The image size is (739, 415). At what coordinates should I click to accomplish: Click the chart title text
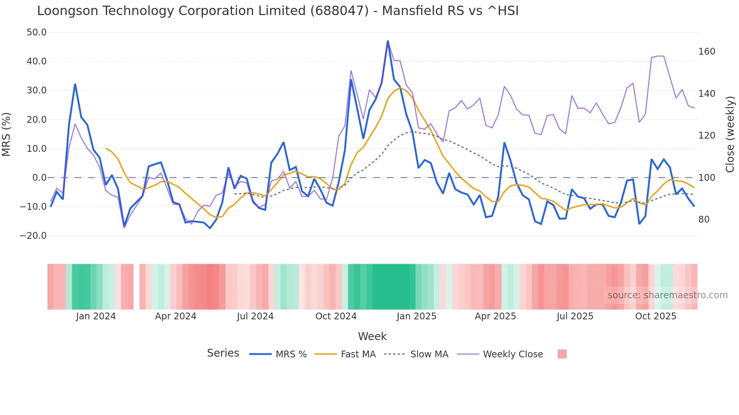[278, 11]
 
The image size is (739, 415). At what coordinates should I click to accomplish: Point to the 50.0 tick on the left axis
[37, 32]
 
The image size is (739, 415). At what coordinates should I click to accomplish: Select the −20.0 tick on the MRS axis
[33, 236]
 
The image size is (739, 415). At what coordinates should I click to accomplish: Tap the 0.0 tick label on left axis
[40, 177]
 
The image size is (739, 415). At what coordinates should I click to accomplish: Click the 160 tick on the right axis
[707, 52]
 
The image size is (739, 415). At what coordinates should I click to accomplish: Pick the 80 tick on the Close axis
[704, 220]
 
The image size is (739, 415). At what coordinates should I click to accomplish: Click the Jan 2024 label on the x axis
[96, 316]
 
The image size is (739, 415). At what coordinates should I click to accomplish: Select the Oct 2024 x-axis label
[336, 316]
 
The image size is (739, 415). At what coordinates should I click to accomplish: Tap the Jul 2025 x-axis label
[575, 316]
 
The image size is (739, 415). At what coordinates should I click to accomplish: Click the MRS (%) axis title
[6, 134]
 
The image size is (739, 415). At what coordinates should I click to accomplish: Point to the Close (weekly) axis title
[730, 134]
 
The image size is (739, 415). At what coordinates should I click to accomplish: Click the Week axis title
[372, 336]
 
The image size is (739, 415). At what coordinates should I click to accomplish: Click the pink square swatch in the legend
[562, 354]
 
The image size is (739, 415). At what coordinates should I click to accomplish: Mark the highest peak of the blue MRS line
[388, 41]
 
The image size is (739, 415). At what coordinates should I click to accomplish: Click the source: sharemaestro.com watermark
[667, 295]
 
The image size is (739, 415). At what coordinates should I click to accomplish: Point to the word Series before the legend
[223, 353]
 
